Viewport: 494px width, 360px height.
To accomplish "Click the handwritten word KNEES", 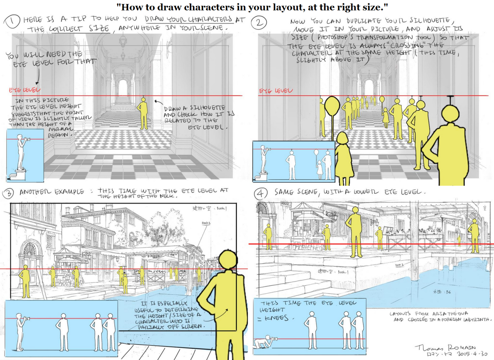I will [278, 318].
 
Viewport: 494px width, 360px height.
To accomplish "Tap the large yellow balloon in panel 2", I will [331, 106].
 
